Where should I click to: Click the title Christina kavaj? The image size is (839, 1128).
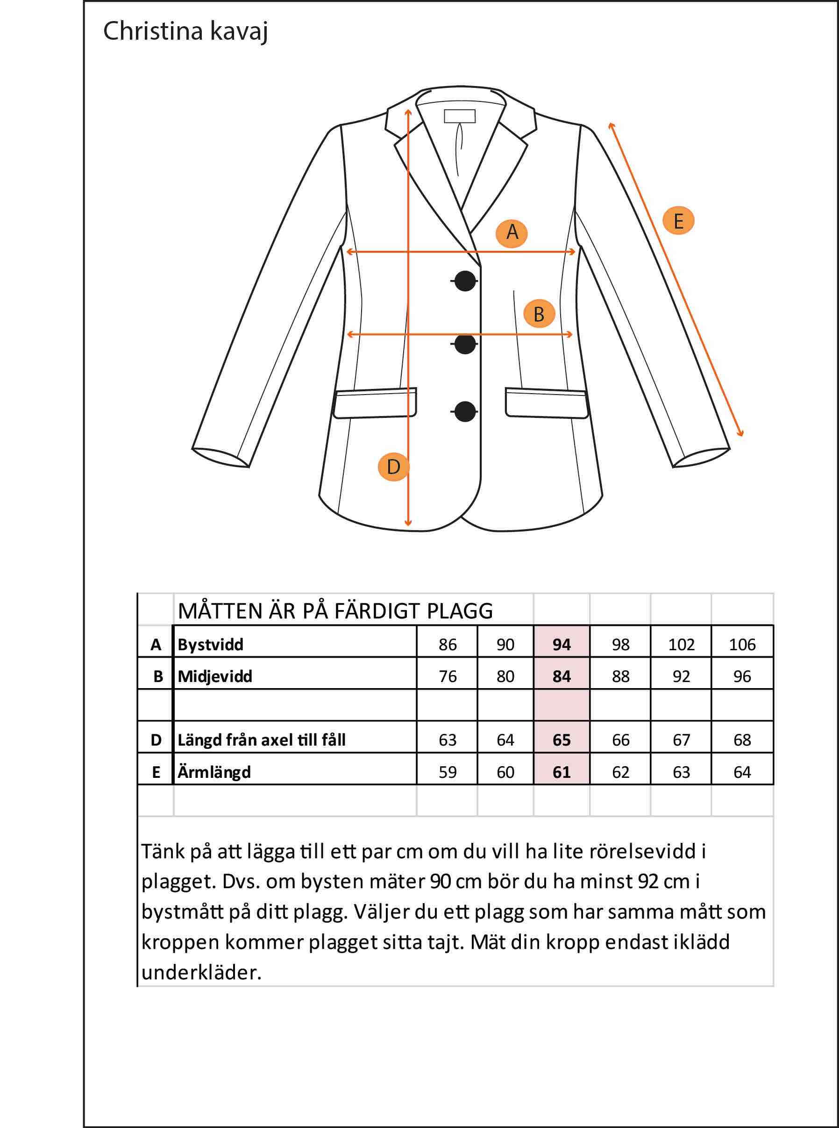[185, 32]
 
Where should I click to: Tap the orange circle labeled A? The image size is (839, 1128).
[512, 233]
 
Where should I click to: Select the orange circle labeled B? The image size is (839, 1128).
[539, 314]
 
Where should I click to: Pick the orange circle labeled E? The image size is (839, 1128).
[678, 221]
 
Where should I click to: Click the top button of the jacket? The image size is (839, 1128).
[465, 280]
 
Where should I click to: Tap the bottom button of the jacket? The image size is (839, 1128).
[465, 411]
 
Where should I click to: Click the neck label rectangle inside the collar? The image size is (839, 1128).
[460, 116]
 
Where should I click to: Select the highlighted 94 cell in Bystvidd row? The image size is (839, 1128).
[562, 644]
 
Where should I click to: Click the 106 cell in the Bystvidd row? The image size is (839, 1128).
[742, 644]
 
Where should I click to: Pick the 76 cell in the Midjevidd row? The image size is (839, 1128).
[448, 676]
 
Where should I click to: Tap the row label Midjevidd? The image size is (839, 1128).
[215, 676]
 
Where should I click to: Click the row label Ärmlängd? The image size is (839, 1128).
[214, 772]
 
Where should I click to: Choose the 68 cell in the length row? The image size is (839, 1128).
[742, 740]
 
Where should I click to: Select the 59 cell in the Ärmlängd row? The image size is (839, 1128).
[448, 772]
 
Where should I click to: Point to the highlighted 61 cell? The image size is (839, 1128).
[562, 772]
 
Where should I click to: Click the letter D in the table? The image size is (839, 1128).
[156, 740]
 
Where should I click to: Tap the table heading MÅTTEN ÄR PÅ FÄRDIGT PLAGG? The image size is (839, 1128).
[335, 611]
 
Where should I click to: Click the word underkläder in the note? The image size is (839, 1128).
[202, 972]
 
